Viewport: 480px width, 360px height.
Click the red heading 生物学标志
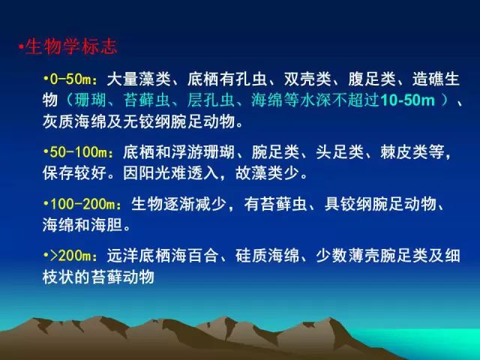(x=71, y=46)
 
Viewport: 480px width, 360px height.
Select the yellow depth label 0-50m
(x=71, y=79)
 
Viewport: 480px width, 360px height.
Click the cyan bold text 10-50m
(x=407, y=100)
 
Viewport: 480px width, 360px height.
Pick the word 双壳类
(x=307, y=79)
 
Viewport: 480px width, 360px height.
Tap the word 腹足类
(x=372, y=79)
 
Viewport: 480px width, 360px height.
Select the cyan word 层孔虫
(x=211, y=100)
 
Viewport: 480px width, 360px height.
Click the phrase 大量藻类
(x=139, y=79)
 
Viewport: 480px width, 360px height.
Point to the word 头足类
(x=340, y=151)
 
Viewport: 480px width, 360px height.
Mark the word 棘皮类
(x=404, y=151)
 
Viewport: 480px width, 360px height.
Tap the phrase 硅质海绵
(x=267, y=256)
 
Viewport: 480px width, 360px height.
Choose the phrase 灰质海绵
(x=74, y=121)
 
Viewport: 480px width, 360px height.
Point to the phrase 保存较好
(x=74, y=173)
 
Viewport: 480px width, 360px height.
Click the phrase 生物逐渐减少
(x=178, y=204)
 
